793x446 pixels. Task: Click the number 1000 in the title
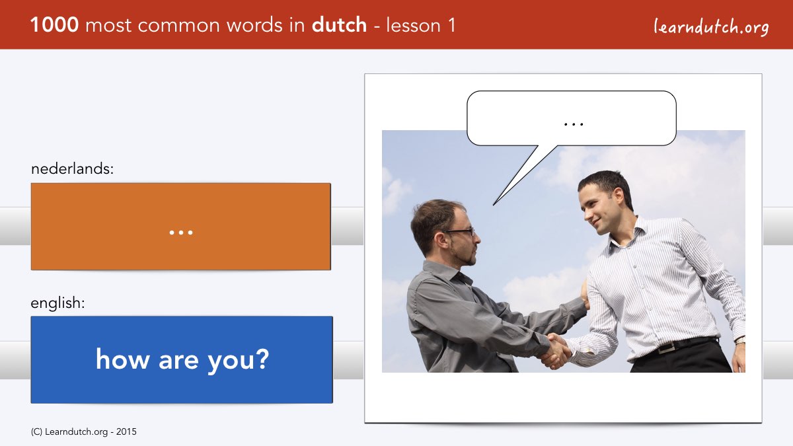coord(54,25)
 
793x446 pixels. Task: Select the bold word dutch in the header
coord(339,25)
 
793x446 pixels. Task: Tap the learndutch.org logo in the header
coord(711,27)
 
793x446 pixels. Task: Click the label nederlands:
coord(72,168)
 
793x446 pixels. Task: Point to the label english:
coord(57,303)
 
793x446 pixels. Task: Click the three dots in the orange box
coord(181,233)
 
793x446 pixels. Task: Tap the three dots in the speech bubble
coord(574,124)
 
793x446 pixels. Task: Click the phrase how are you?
coord(182,359)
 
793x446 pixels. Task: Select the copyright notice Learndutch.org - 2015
coord(83,432)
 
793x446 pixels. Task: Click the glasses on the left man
coord(459,232)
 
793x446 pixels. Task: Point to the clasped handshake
coord(556,351)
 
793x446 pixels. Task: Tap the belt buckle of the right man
coord(665,348)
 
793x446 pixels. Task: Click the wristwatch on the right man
coord(740,340)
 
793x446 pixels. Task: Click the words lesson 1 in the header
coord(420,25)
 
